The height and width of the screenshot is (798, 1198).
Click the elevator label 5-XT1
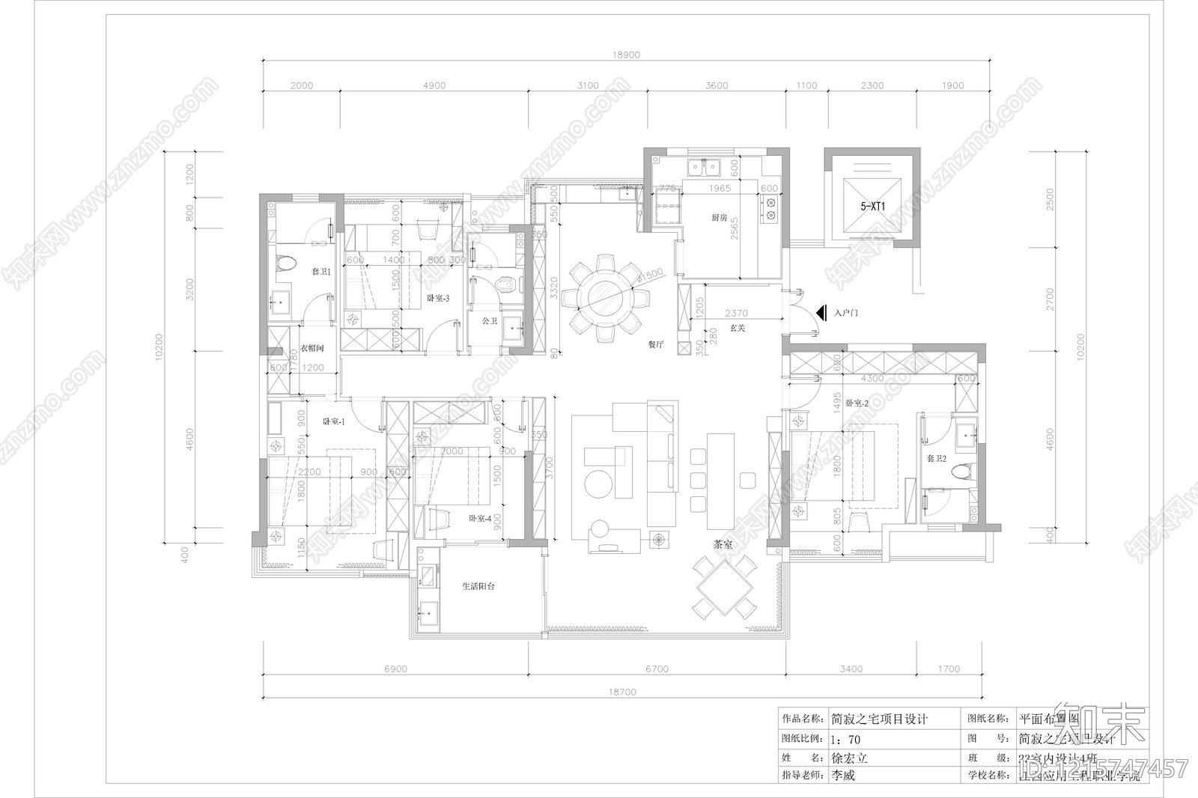872,205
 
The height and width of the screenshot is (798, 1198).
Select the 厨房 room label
720,218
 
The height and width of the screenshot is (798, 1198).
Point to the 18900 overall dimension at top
626,55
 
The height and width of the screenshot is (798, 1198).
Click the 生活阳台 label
478,586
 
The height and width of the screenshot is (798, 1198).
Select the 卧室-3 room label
437,298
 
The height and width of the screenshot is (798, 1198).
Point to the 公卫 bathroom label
490,320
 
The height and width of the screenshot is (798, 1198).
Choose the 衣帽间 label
311,348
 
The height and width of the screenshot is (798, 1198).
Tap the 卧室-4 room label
480,518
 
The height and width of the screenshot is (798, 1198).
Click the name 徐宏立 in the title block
849,758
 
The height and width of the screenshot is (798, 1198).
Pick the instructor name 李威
842,776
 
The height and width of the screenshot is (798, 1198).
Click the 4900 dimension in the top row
434,85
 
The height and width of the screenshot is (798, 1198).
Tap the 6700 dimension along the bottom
657,668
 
